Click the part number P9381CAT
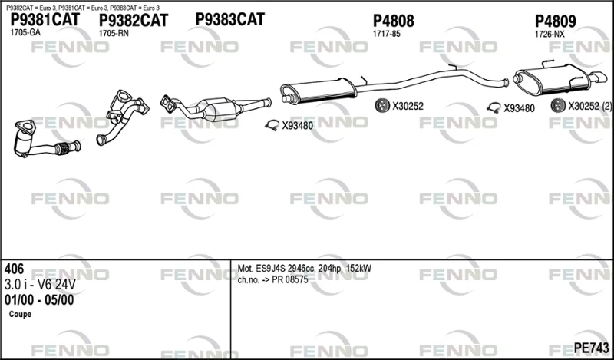(45, 19)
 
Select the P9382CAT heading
(133, 21)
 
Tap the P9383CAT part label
(229, 19)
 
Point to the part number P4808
(393, 21)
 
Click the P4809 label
(555, 21)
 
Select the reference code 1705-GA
(25, 33)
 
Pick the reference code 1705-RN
(114, 34)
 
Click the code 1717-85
(387, 34)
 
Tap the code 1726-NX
(550, 35)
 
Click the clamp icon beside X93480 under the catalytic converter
(272, 125)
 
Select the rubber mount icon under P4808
(381, 105)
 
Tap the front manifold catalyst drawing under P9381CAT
(46, 139)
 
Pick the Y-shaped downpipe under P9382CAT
(123, 117)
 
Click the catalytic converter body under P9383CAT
(218, 109)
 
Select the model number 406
(14, 269)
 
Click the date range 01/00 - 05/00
(39, 300)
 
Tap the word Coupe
(20, 315)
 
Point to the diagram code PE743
(592, 348)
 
